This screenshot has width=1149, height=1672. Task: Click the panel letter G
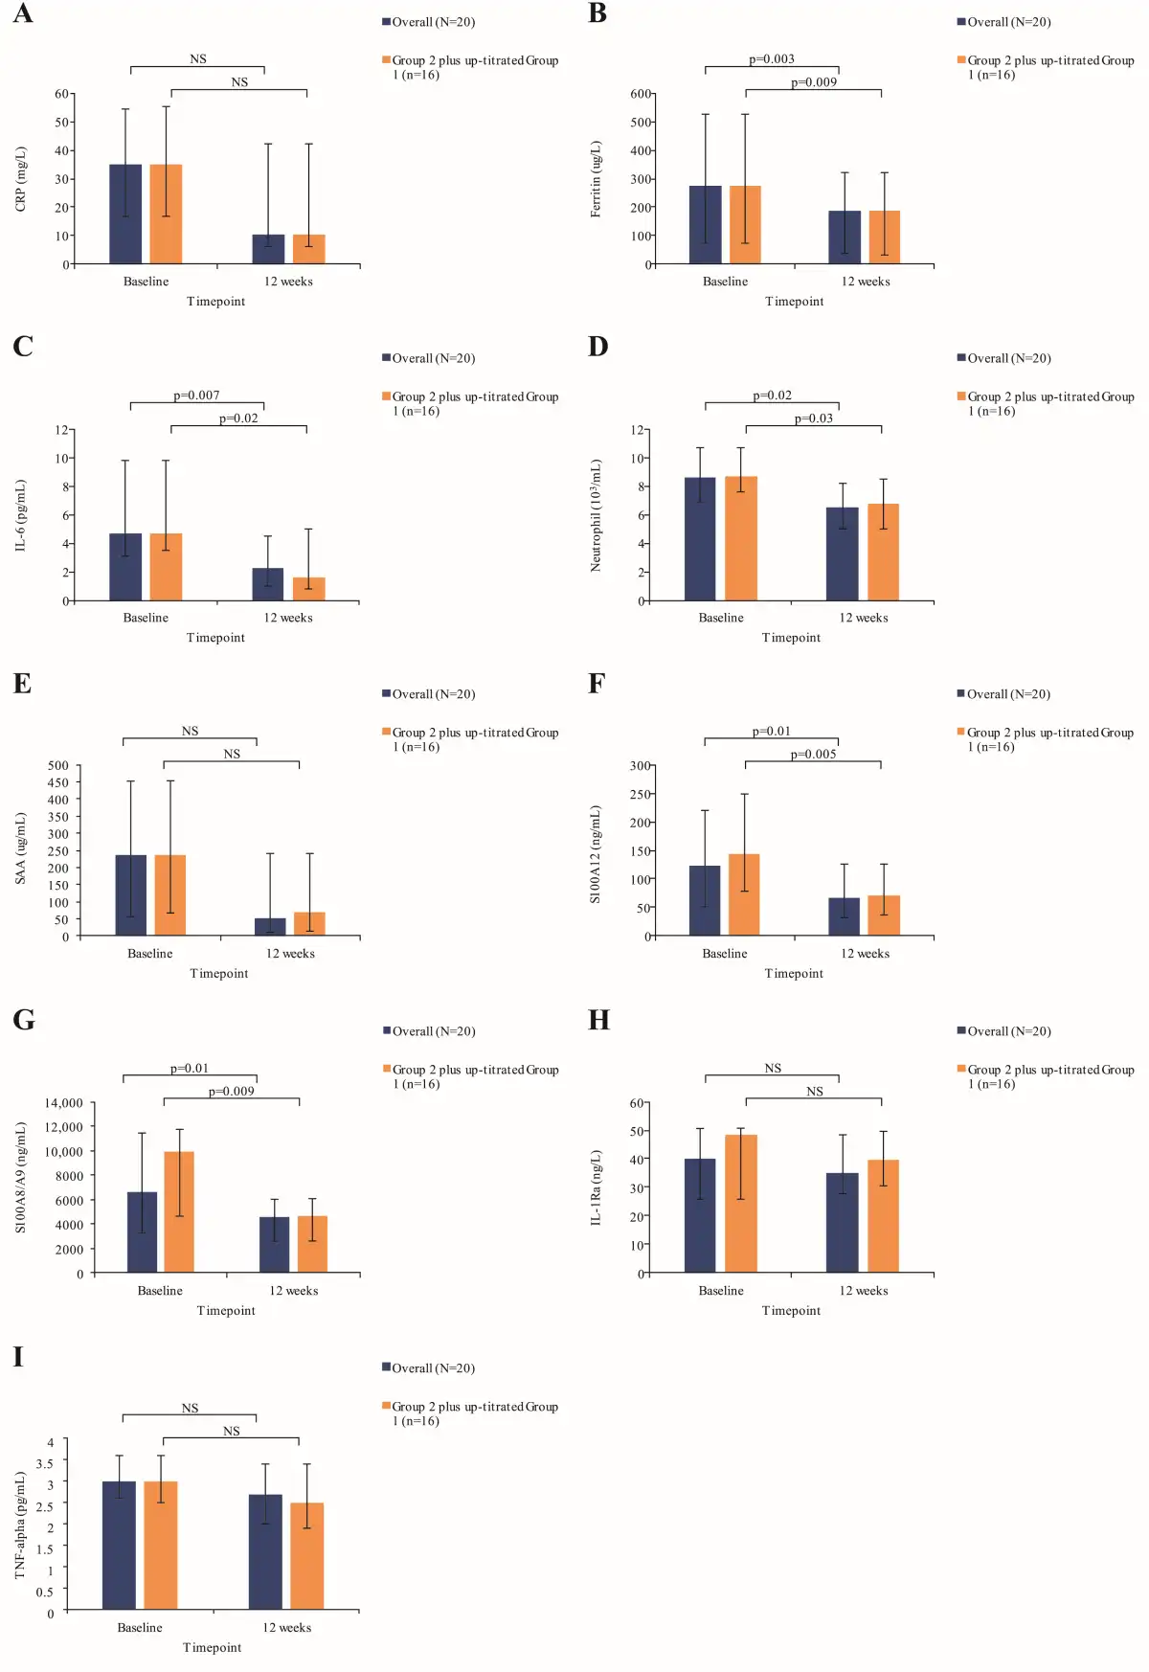point(24,1020)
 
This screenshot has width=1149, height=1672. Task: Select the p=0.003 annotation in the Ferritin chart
point(772,59)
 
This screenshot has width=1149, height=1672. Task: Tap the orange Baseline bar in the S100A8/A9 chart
point(179,1211)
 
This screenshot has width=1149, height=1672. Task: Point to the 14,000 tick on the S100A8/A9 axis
point(64,1103)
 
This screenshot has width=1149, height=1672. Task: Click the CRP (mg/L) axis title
point(21,179)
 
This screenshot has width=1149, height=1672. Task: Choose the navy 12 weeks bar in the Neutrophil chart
point(843,554)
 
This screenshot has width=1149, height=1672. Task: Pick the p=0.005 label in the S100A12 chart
point(814,755)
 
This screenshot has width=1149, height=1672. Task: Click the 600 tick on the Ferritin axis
point(642,94)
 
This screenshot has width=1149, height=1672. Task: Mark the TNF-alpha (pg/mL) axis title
point(21,1525)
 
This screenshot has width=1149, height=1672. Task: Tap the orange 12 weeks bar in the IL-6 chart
point(309,588)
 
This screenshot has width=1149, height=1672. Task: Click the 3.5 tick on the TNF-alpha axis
point(45,1463)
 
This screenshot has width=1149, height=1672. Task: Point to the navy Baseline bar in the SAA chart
point(131,894)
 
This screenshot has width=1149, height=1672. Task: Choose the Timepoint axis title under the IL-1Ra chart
point(791,1310)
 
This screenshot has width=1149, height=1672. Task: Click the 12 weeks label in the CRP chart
point(288,282)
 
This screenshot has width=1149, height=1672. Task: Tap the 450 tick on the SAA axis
point(58,782)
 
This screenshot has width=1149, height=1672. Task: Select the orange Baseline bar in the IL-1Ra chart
point(741,1203)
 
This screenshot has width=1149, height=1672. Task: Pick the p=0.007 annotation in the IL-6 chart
point(196,395)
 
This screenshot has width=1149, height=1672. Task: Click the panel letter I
point(18,1357)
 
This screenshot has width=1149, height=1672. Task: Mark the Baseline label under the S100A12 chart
point(725,954)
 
